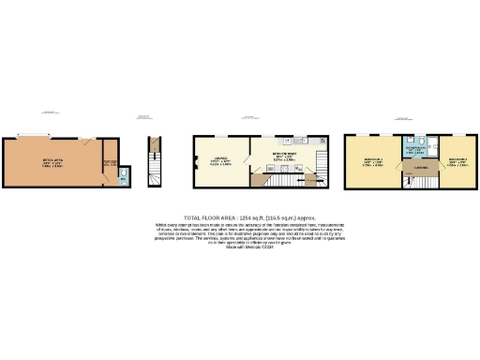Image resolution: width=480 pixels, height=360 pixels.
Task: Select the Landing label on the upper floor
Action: coord(395,169)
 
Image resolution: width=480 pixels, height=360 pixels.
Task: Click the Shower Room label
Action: coord(413,148)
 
